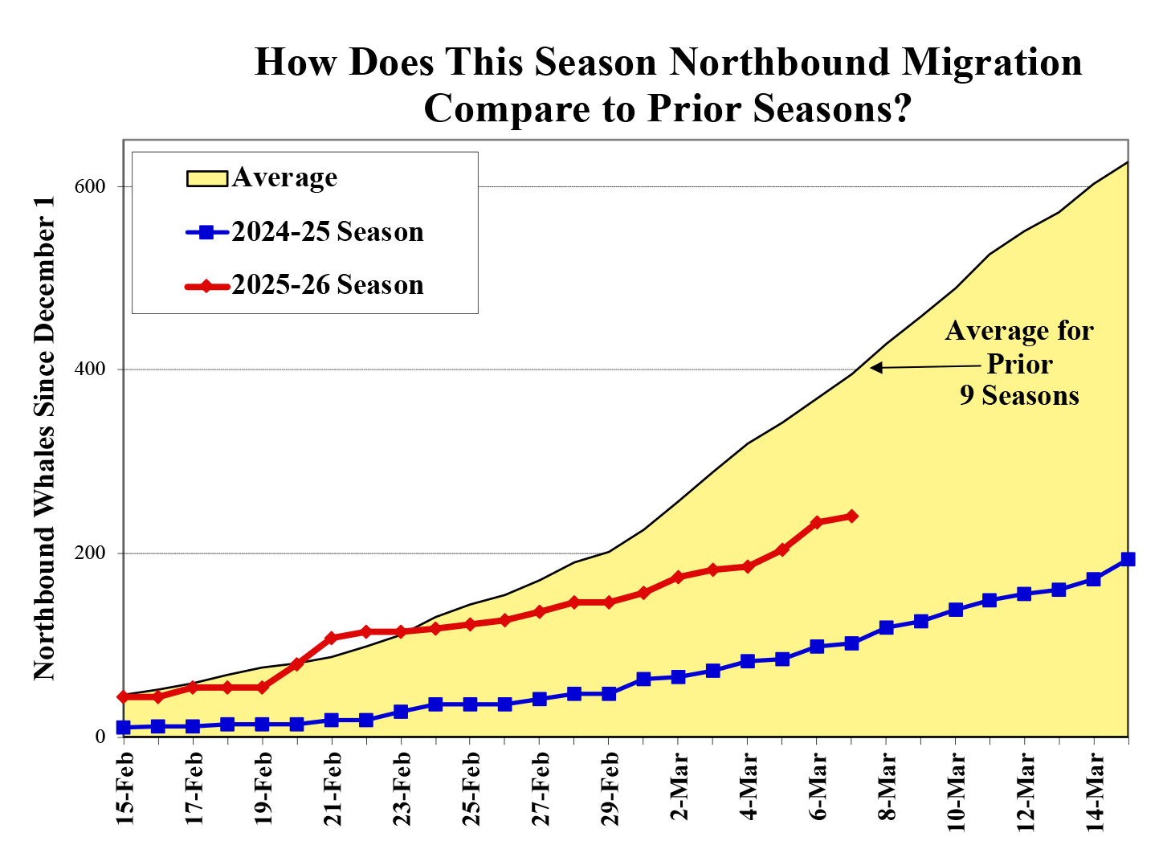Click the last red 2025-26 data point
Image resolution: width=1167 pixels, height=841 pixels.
(x=851, y=516)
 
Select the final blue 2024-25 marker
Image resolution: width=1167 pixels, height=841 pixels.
(x=1128, y=559)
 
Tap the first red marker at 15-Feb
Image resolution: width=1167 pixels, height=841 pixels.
(x=124, y=696)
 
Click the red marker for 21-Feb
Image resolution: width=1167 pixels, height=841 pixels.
(x=332, y=638)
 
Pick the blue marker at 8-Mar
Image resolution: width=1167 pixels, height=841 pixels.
(x=886, y=627)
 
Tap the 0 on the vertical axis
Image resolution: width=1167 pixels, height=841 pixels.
(x=100, y=737)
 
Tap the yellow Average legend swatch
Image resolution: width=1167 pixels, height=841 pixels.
(x=207, y=178)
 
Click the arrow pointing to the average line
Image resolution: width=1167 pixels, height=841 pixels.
(x=924, y=367)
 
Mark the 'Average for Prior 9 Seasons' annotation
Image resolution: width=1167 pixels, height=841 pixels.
(x=1019, y=363)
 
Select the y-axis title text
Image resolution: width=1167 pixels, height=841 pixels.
(x=45, y=438)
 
